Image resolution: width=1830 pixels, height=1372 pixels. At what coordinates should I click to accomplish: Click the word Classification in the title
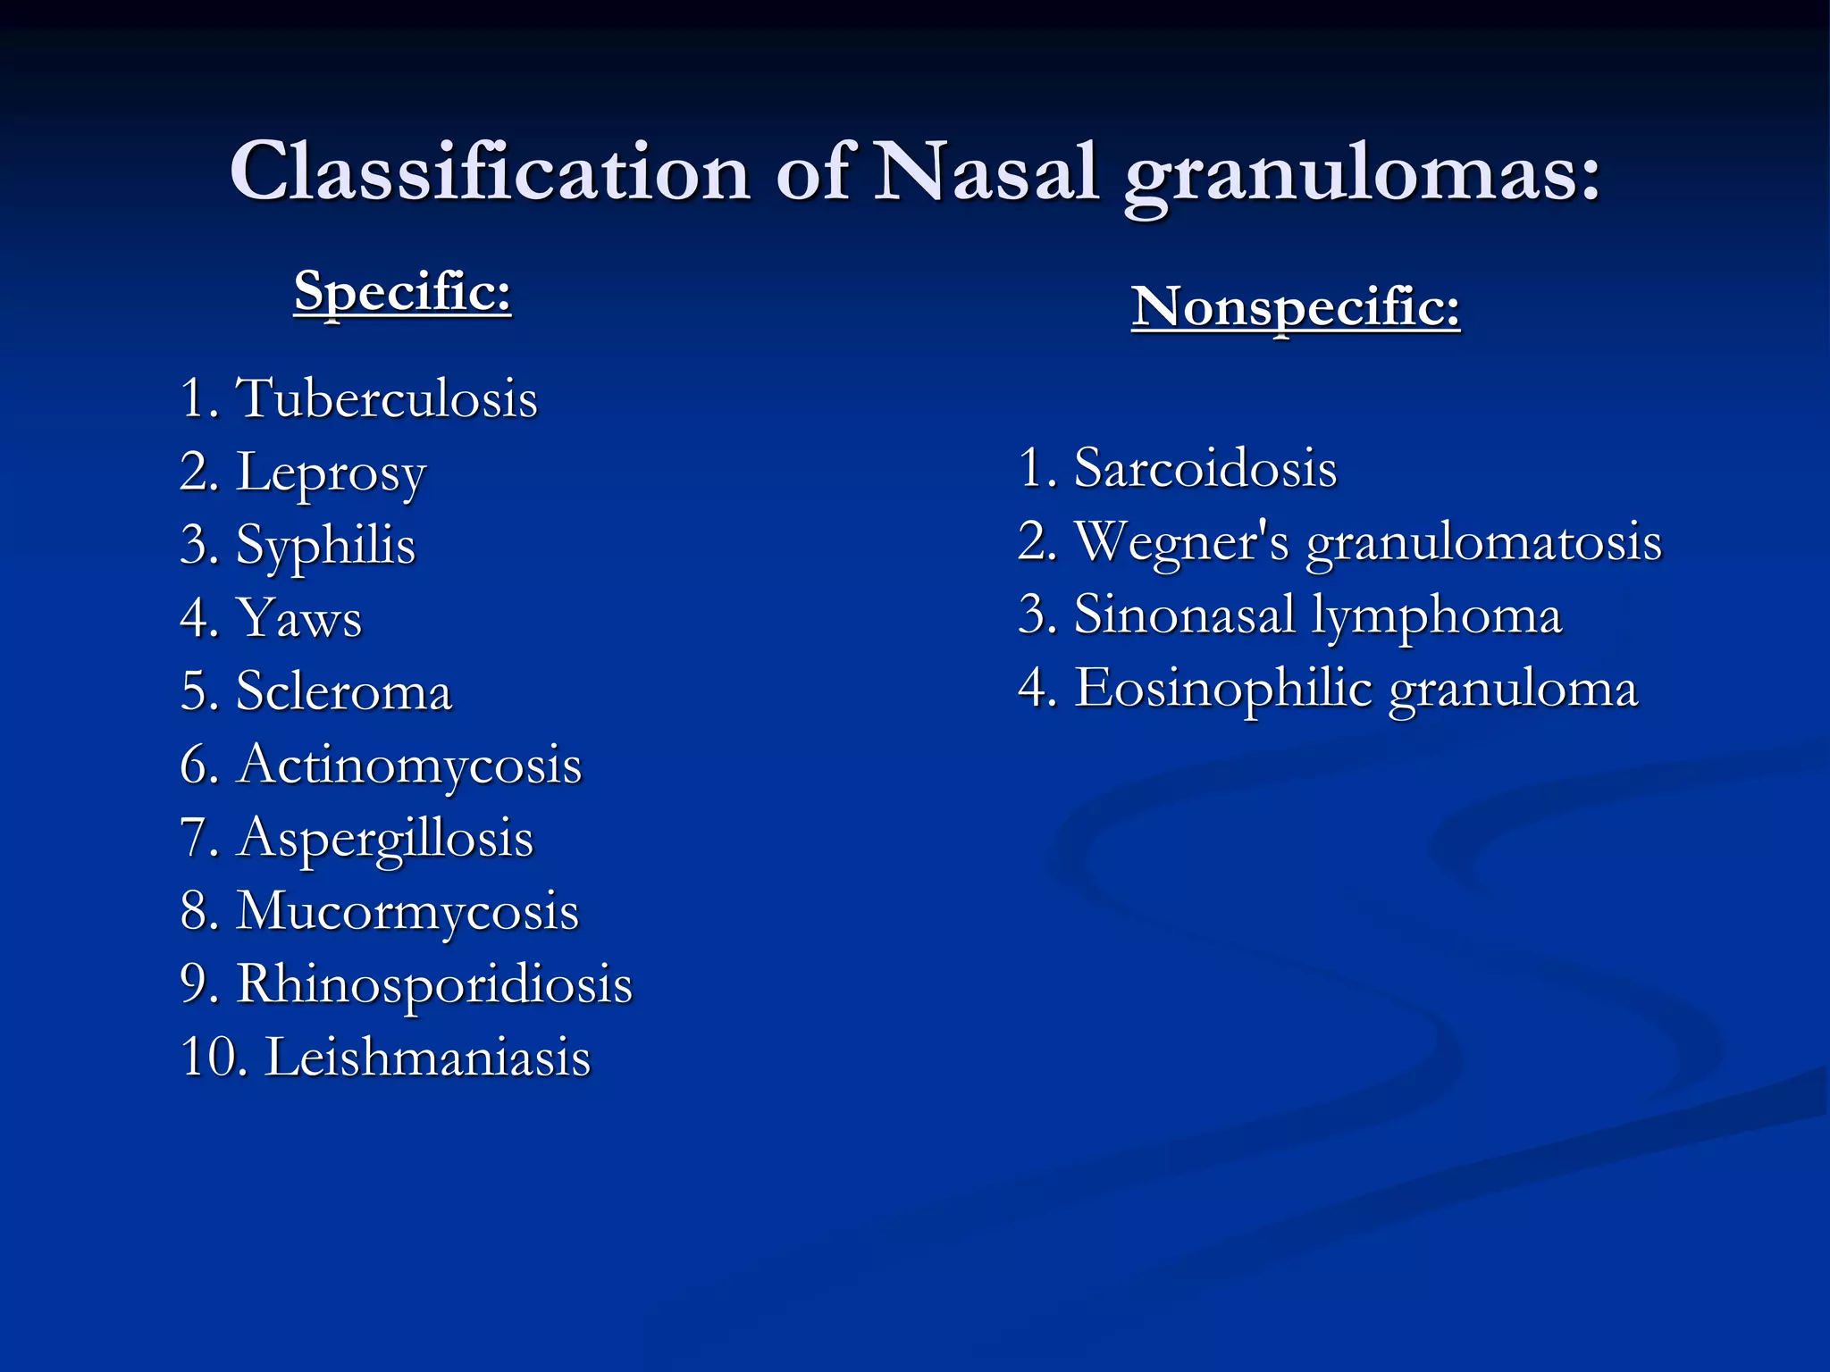coord(490,171)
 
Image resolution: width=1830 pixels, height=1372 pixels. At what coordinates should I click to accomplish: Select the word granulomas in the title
coord(1361,175)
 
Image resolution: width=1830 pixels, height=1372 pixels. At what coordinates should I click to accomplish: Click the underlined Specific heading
coord(402,291)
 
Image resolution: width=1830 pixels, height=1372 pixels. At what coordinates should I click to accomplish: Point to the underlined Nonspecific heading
coord(1295,308)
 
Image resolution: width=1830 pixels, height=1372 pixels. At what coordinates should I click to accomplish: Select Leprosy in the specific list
coord(331,473)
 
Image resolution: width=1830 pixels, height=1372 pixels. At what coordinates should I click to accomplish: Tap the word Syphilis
coord(325,546)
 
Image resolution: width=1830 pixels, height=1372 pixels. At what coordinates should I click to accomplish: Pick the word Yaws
coord(298,618)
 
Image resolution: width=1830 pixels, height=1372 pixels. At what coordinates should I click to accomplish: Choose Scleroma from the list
coord(344,691)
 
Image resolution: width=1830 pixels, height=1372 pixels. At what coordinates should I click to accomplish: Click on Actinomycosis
coord(408,765)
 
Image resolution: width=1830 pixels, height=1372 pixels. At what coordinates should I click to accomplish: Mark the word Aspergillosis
coord(384,840)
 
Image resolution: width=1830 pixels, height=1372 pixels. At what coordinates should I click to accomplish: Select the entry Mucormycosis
coord(407,912)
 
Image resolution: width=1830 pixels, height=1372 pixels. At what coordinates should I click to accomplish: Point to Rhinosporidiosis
coord(434,985)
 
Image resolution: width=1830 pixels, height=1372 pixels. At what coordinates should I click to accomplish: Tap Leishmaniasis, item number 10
coord(428,1058)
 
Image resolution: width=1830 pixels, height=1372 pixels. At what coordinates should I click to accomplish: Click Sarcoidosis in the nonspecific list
coord(1205,468)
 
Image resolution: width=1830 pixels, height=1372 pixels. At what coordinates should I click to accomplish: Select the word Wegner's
coord(1181,542)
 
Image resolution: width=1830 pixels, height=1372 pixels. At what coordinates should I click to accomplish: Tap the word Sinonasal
coord(1184,615)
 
